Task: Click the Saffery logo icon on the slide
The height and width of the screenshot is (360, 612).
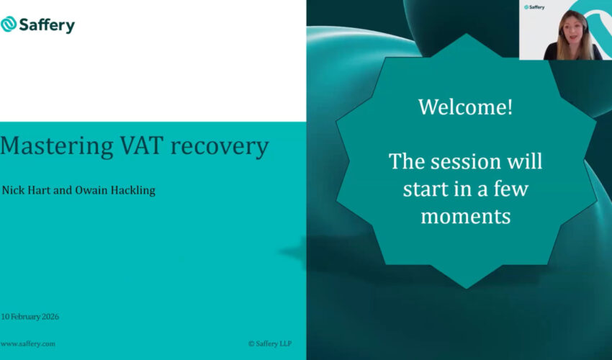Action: pos(9,24)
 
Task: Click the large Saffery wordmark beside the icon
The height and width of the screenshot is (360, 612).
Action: pos(46,25)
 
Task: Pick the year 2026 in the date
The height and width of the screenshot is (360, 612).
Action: pos(50,317)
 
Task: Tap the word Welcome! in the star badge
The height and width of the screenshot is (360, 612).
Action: pos(466,107)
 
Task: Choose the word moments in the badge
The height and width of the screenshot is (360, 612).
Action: pos(466,216)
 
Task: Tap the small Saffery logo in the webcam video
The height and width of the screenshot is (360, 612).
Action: pos(534,7)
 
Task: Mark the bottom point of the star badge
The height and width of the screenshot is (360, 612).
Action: pos(467,287)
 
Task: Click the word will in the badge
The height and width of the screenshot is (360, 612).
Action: pos(523,161)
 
